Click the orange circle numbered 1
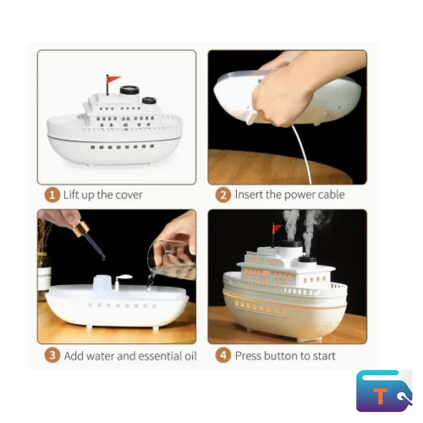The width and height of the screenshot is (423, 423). (x=52, y=195)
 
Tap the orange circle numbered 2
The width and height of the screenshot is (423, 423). (x=223, y=195)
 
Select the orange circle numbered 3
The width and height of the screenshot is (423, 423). (x=52, y=356)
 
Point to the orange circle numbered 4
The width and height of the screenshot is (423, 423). (x=223, y=356)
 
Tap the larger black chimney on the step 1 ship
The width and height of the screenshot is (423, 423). (x=130, y=90)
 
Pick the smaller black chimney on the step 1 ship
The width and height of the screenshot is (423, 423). (x=149, y=100)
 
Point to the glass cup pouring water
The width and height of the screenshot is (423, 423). (x=170, y=259)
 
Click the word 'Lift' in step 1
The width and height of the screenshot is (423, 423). (x=71, y=195)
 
